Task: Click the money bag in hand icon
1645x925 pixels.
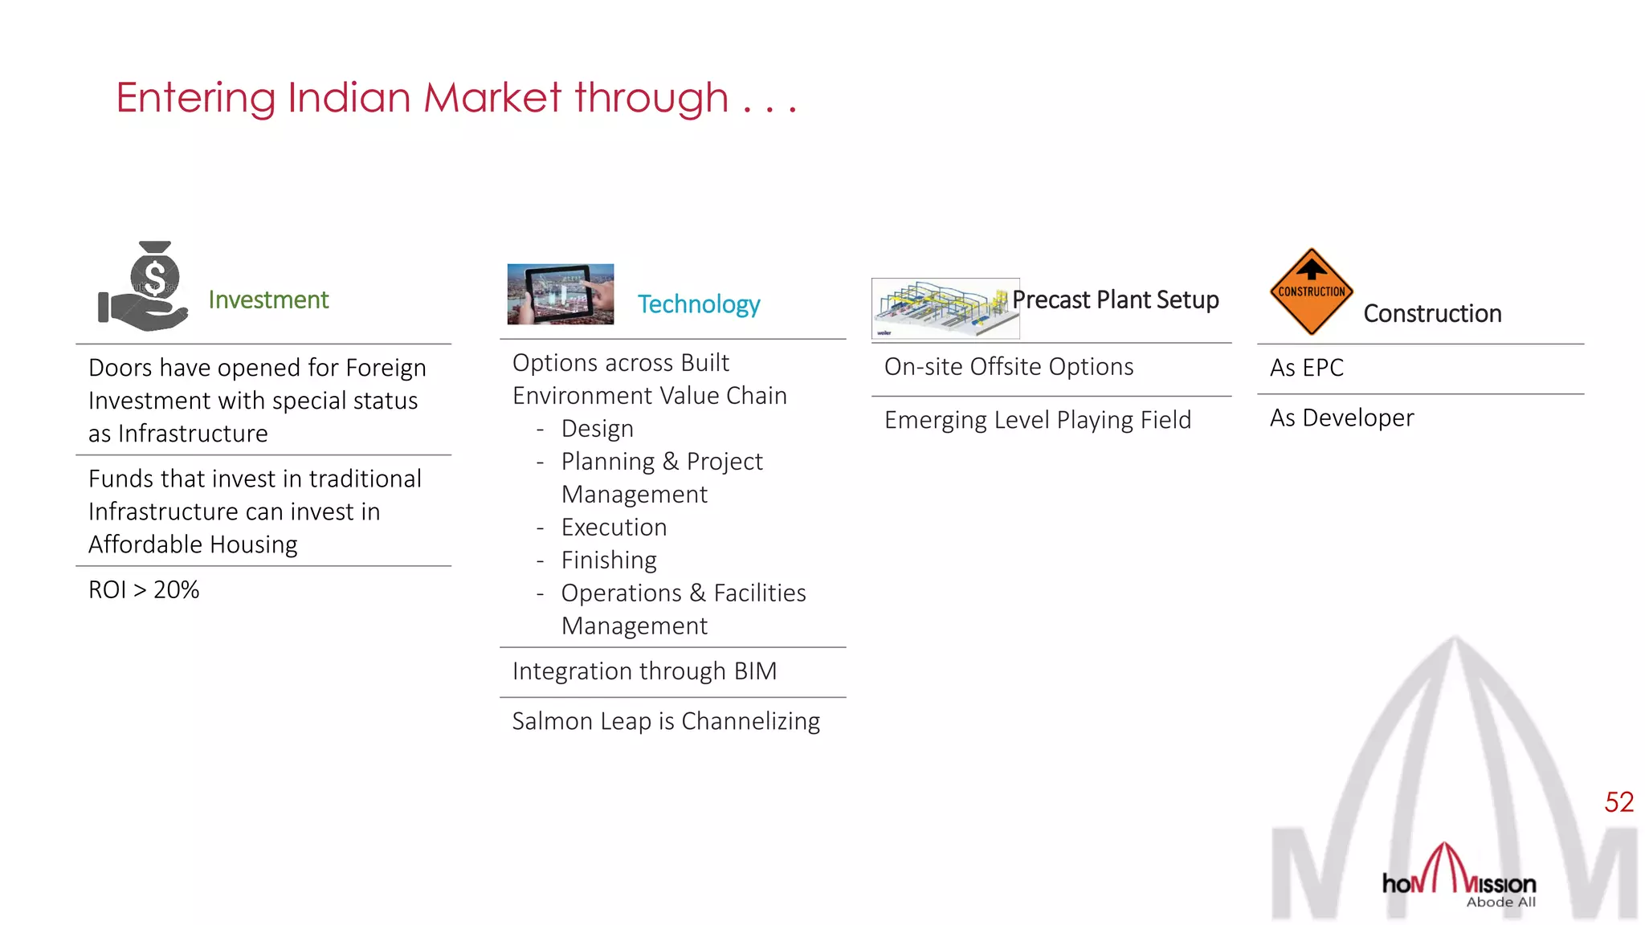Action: [x=144, y=287]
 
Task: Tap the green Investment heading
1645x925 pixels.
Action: [x=268, y=300]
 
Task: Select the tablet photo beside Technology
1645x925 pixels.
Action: [x=561, y=294]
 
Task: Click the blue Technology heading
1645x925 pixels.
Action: [x=698, y=304]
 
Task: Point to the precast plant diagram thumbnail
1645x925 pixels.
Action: [x=945, y=308]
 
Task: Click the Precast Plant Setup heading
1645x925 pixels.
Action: [x=1115, y=300]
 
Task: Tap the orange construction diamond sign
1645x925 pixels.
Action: [x=1311, y=291]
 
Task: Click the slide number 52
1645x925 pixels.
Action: [x=1618, y=802]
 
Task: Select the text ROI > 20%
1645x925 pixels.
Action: [x=144, y=590]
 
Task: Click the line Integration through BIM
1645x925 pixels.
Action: [x=644, y=671]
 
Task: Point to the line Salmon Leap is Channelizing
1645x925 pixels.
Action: [x=666, y=721]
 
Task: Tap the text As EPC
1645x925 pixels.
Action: [x=1306, y=368]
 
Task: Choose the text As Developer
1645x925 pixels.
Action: [x=1341, y=418]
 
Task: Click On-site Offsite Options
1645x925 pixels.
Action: [x=1009, y=367]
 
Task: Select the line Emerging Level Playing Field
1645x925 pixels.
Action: [x=1037, y=420]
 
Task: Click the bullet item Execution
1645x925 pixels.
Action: [x=614, y=528]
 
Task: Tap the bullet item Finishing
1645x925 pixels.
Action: [x=609, y=560]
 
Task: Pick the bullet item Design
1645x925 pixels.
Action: [x=597, y=429]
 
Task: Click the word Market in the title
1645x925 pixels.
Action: [x=492, y=98]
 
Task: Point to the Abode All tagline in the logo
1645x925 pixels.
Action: [x=1500, y=903]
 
